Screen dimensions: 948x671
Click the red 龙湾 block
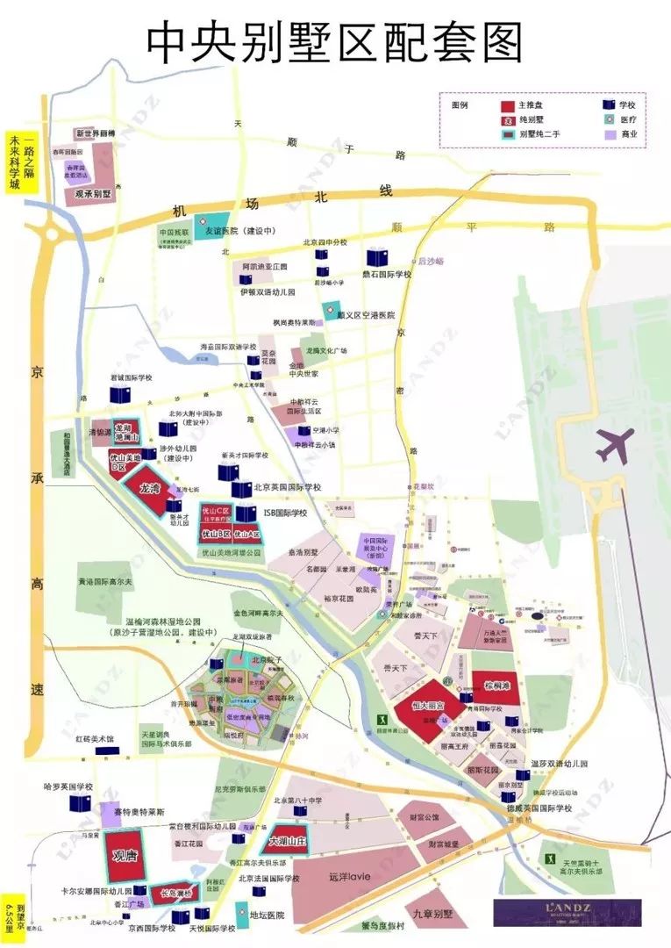[150, 488]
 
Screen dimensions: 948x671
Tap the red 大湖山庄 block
[289, 840]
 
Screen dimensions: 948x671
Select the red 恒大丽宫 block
[427, 705]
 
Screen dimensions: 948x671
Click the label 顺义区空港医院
[367, 314]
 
